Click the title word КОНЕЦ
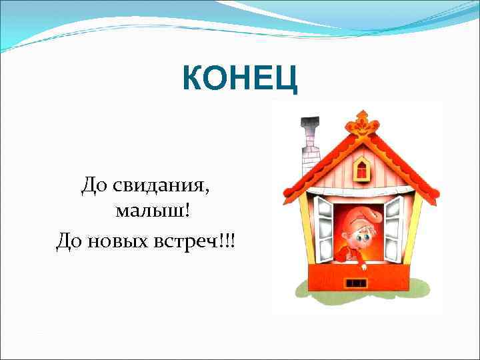pos(241,81)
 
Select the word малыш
pos(150,211)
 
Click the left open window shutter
pos(324,223)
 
